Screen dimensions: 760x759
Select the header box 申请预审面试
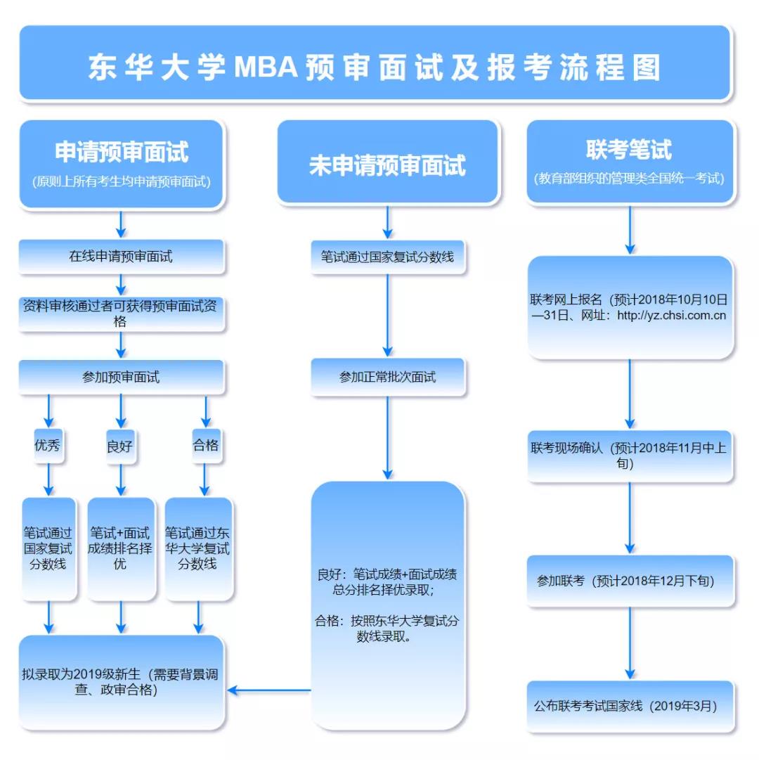coord(122,163)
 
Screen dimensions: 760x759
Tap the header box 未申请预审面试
coord(387,164)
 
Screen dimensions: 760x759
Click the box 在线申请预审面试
coord(121,257)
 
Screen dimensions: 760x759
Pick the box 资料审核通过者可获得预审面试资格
coord(121,314)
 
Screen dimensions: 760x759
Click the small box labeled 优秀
coord(48,445)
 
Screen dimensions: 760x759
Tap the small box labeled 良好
coord(120,445)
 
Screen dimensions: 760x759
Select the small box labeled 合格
coord(206,445)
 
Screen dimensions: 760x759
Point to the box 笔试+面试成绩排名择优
coord(120,548)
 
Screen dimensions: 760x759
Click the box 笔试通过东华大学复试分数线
coord(198,548)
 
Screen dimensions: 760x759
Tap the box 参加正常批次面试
coord(387,377)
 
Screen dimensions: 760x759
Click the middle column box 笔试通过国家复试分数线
coord(387,257)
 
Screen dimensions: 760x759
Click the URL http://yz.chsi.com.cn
coord(671,316)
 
